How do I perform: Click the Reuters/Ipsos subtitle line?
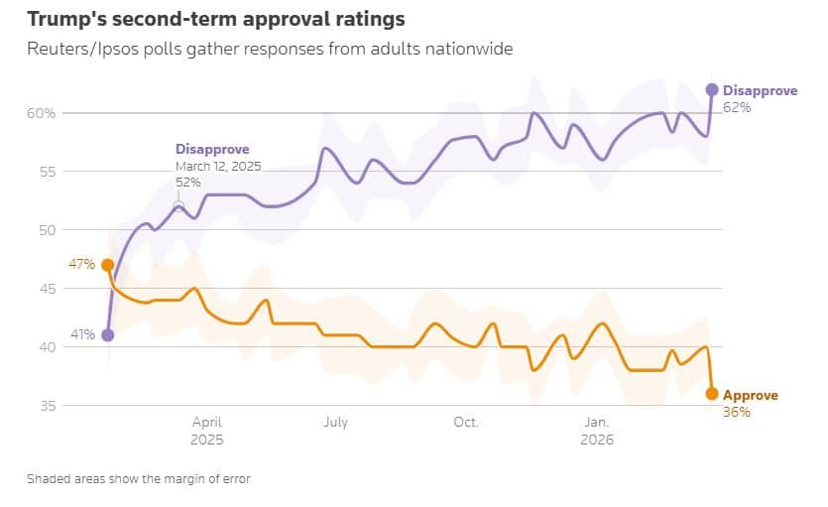270,49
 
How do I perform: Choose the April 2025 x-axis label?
206,431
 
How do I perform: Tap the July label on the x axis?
335,423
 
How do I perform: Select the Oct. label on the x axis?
466,423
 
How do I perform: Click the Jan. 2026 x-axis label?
597,431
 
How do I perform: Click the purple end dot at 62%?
712,89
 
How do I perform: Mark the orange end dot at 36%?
712,394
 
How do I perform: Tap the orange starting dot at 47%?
108,265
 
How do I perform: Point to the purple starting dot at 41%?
108,335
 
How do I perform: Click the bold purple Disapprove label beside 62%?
760,90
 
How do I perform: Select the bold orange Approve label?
751,395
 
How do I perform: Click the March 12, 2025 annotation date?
218,167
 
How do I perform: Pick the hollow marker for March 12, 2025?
179,205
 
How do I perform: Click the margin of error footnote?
139,479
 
